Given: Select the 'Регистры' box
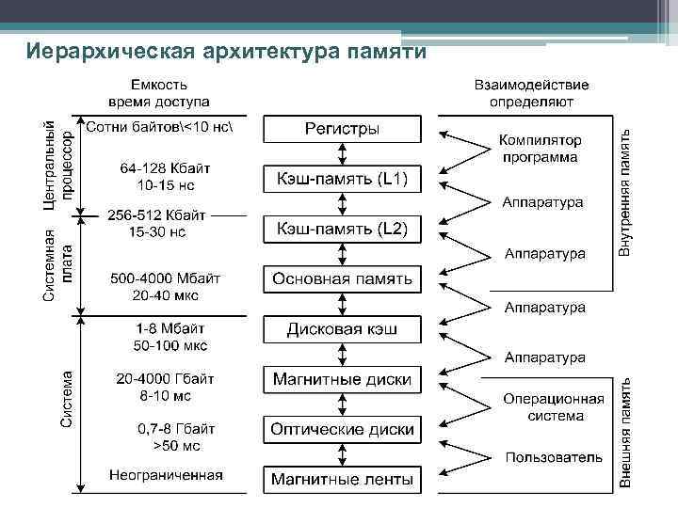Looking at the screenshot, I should point(342,129).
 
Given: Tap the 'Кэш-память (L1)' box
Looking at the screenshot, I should point(342,179).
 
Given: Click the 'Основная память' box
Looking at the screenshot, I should point(342,279).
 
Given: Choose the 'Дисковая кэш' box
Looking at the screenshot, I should point(342,329).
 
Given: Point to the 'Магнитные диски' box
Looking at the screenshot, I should point(342,380).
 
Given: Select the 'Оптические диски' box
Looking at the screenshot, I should point(342,429).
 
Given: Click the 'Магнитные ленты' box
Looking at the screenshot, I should point(342,480).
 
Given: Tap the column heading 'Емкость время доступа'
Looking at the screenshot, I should point(158,92).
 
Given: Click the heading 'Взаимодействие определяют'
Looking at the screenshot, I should point(531,92).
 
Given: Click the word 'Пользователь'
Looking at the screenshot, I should point(553,457).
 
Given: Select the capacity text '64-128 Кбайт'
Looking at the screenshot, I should point(165,167).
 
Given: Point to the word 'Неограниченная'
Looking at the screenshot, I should point(165,474).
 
